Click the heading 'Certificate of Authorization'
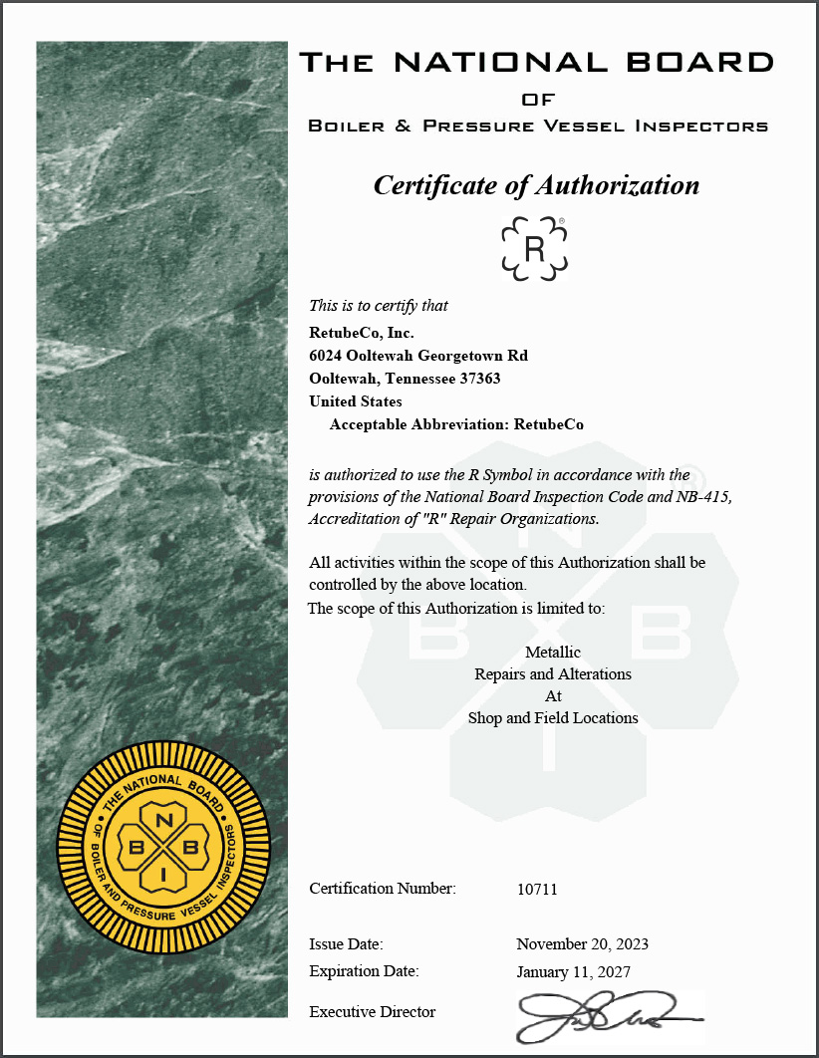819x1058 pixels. [536, 185]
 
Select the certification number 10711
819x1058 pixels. [537, 889]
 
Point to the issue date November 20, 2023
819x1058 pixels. [582, 943]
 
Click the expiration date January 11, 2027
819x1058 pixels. [573, 971]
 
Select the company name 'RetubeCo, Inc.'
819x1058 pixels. [362, 333]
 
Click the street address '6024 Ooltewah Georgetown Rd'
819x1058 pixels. [418, 356]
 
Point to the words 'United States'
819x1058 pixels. [356, 401]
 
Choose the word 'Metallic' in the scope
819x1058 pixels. [553, 653]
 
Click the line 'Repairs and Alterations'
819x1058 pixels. [553, 674]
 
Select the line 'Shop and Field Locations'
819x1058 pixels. [553, 717]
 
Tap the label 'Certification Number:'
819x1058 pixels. [383, 889]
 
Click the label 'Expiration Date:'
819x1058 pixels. [364, 971]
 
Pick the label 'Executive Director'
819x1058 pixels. [373, 1012]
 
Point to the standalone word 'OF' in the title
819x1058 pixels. [538, 100]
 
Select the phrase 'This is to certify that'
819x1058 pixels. [379, 306]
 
